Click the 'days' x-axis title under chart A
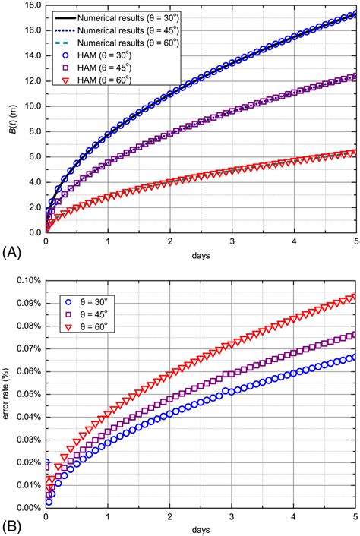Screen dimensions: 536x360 click(201, 255)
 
